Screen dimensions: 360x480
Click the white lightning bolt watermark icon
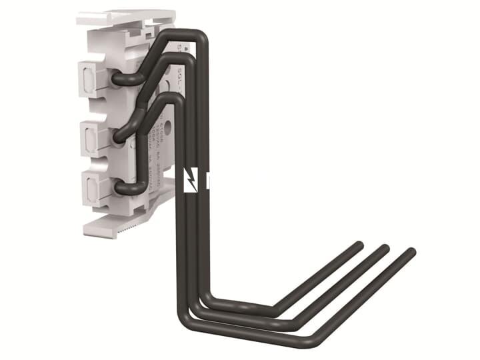(191, 180)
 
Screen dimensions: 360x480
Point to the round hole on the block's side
(166, 124)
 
